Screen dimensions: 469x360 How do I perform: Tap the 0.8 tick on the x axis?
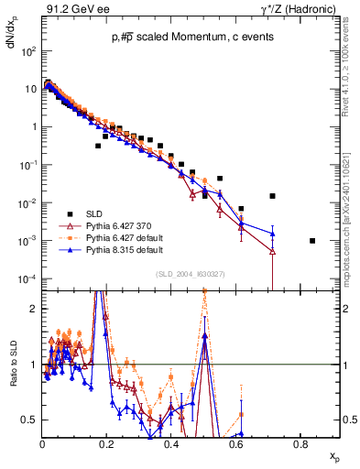tap(300, 443)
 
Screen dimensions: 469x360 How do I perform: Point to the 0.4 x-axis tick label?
tap(171, 443)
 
